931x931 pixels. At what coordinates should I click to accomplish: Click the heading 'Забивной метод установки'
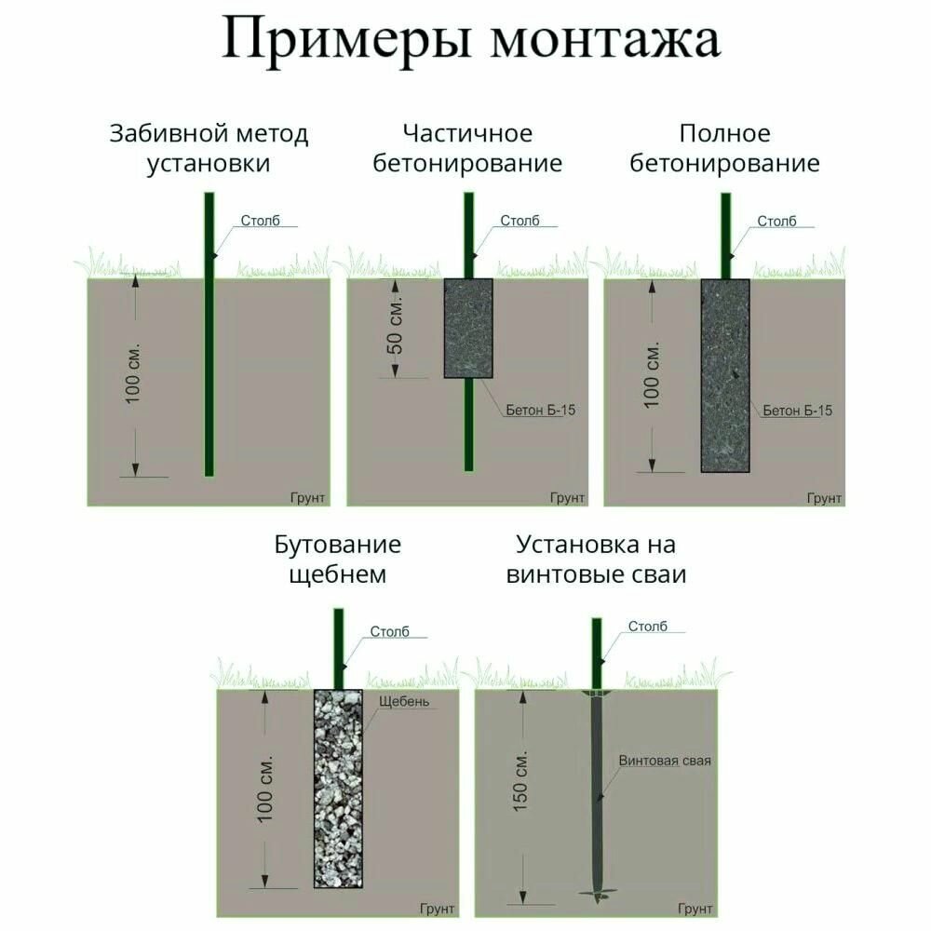(x=209, y=148)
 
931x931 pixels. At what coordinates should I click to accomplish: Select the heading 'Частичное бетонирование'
(x=467, y=148)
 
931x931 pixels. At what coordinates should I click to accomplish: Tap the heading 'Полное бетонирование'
(x=724, y=148)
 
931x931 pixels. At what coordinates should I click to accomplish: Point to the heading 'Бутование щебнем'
(x=337, y=560)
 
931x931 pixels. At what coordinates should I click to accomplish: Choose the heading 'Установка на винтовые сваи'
(x=596, y=560)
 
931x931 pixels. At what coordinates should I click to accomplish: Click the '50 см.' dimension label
(x=396, y=326)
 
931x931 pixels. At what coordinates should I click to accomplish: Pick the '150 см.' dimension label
(x=519, y=781)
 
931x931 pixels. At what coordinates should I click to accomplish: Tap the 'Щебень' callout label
(x=404, y=701)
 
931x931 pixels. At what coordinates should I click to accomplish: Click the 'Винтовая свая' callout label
(x=665, y=761)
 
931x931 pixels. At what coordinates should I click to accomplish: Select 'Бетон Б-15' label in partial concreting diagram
(x=540, y=410)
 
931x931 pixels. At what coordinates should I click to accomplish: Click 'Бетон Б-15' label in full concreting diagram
(x=798, y=411)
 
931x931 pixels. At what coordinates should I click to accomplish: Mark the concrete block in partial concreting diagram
(x=468, y=329)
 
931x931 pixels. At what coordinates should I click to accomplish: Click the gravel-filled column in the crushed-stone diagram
(x=338, y=789)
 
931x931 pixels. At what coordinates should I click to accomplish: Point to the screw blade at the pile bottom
(x=598, y=893)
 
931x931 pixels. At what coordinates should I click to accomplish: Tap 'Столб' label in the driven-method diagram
(x=260, y=221)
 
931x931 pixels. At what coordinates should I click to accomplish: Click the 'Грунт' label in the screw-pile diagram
(x=695, y=909)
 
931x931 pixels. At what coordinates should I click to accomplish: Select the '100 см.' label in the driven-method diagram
(x=133, y=373)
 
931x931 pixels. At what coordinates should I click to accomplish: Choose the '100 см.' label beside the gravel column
(x=264, y=789)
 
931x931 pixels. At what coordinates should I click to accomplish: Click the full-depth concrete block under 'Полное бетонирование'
(x=725, y=376)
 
